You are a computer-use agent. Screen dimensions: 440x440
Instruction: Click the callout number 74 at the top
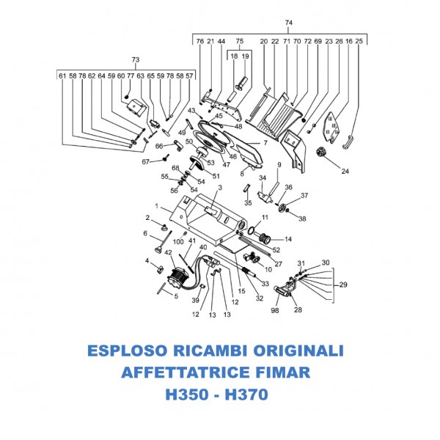288,23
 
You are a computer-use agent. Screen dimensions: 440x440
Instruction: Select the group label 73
135,59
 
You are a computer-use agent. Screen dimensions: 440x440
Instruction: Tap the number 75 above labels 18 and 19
239,41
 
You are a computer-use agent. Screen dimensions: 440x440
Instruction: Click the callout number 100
179,241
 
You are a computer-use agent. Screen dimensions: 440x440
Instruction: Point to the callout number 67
145,161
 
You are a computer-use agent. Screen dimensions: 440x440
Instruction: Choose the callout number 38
303,219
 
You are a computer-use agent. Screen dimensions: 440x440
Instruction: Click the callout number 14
288,238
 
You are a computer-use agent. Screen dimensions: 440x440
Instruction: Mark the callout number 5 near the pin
175,296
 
